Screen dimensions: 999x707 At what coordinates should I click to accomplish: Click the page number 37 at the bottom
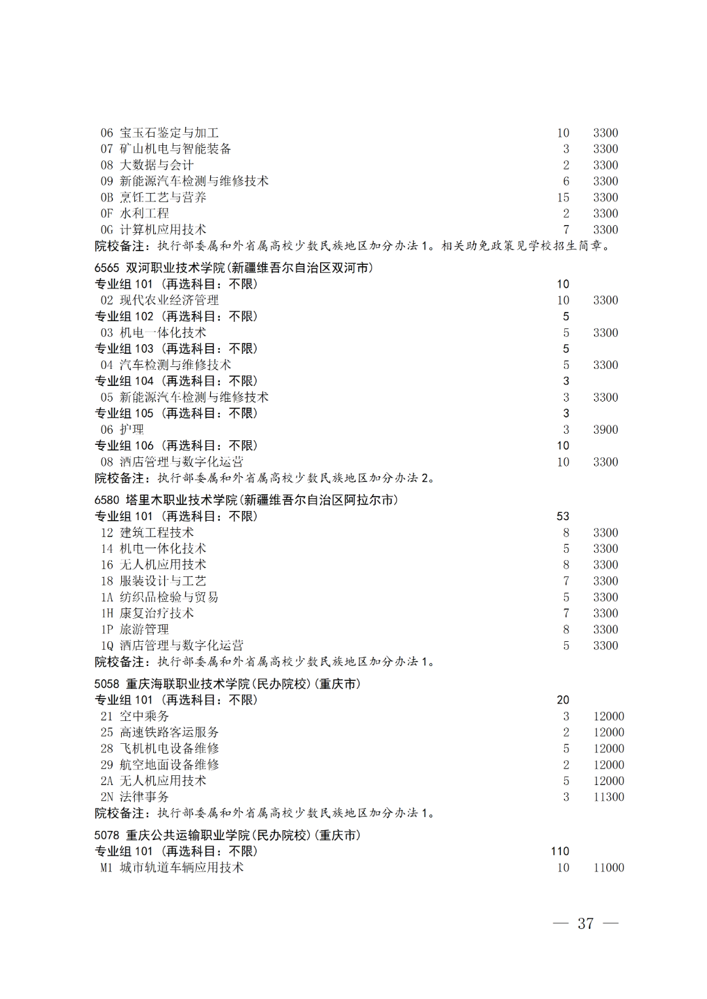pyautogui.click(x=585, y=923)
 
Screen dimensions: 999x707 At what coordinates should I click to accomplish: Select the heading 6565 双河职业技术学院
pyautogui.click(x=234, y=268)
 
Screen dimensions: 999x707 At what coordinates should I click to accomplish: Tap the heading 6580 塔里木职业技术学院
pyautogui.click(x=246, y=500)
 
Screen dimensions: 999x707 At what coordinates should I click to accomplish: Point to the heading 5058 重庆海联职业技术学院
pyautogui.click(x=227, y=684)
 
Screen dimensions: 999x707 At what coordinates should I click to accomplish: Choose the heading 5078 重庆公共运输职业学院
pyautogui.click(x=227, y=835)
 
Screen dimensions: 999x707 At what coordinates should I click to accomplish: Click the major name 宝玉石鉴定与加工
pyautogui.click(x=169, y=133)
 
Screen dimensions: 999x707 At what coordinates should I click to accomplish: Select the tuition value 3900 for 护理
pyautogui.click(x=606, y=429)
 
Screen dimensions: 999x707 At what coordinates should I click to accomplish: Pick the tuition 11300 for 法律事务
pyautogui.click(x=609, y=797)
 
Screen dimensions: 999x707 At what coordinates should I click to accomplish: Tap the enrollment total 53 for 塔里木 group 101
pyautogui.click(x=563, y=516)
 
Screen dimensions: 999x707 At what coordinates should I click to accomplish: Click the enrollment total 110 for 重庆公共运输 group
pyautogui.click(x=560, y=851)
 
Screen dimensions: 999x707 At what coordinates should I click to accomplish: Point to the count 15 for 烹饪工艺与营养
pyautogui.click(x=563, y=197)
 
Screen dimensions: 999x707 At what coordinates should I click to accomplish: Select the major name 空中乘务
pyautogui.click(x=144, y=716)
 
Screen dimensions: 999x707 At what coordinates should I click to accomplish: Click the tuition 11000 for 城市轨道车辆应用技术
pyautogui.click(x=609, y=868)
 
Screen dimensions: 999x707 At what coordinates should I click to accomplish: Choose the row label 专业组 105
pyautogui.click(x=124, y=413)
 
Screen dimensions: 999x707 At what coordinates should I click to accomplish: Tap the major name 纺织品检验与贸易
pyautogui.click(x=169, y=597)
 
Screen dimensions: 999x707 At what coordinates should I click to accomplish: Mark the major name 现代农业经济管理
pyautogui.click(x=169, y=300)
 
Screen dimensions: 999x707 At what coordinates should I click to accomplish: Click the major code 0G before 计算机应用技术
pyautogui.click(x=107, y=230)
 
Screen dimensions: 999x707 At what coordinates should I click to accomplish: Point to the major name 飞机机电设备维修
pyautogui.click(x=169, y=748)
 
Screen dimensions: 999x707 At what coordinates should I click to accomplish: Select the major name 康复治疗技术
pyautogui.click(x=156, y=613)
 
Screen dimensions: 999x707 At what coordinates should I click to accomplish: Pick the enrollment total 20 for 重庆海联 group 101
pyautogui.click(x=563, y=700)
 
